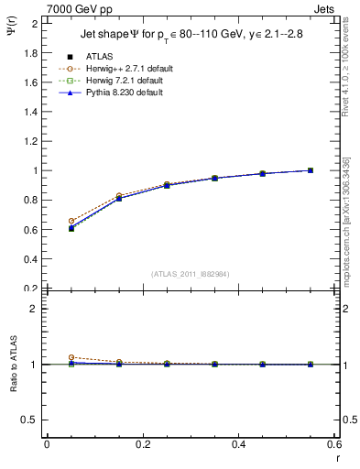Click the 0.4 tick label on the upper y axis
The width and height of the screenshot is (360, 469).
point(32,259)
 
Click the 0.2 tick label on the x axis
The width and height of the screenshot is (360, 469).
point(143,444)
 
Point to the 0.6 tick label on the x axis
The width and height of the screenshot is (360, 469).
point(334,444)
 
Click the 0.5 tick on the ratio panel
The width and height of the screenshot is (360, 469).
point(32,420)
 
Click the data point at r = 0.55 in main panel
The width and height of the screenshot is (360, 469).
point(311,170)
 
